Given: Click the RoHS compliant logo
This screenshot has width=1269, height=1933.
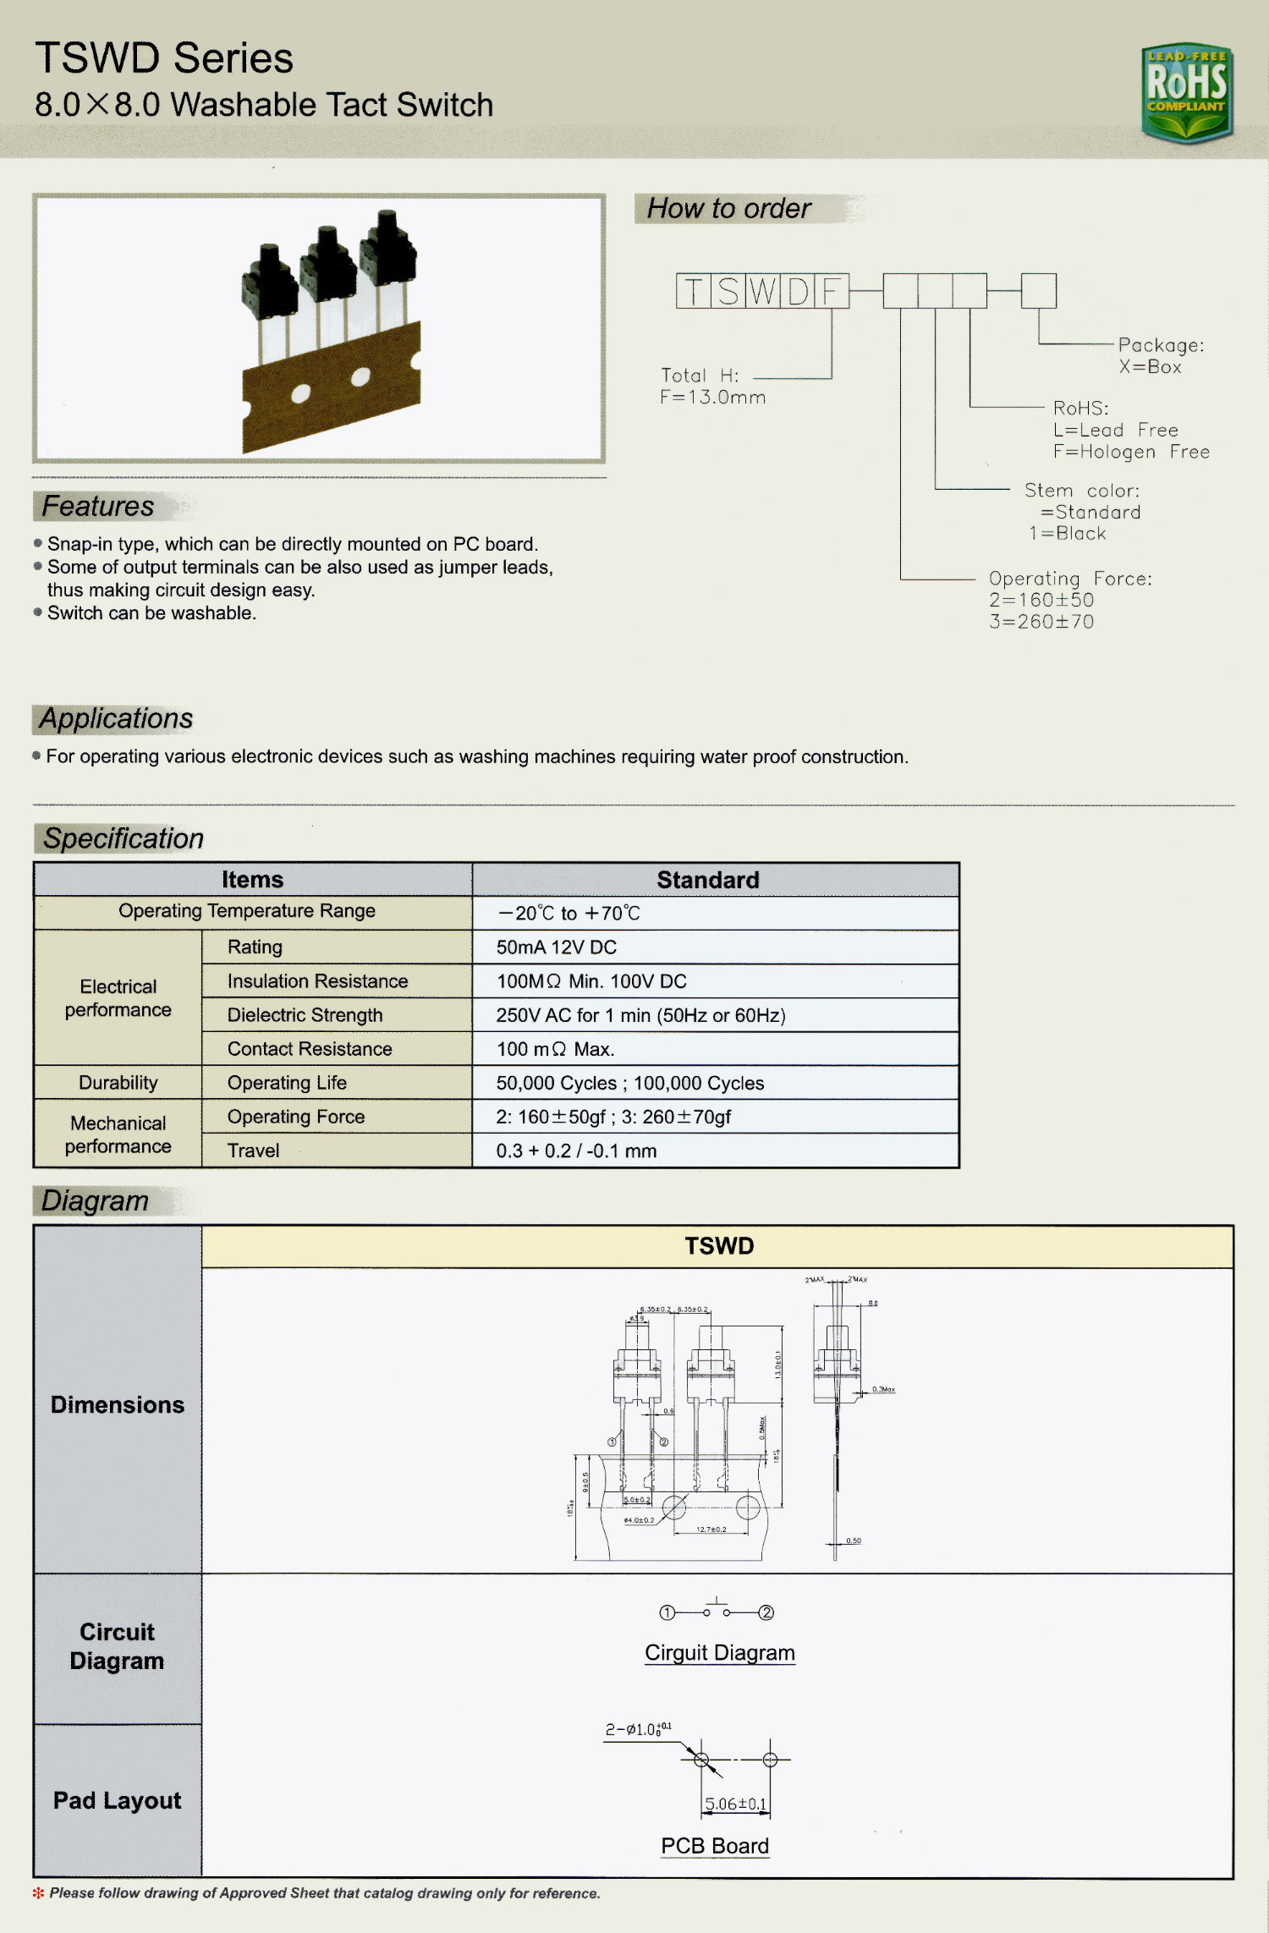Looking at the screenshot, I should (x=1186, y=91).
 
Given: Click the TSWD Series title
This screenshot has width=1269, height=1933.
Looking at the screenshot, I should (x=164, y=58).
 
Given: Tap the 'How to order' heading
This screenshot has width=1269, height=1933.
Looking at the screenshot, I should (x=728, y=208).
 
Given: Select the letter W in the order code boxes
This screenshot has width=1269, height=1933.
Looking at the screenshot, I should (x=762, y=291).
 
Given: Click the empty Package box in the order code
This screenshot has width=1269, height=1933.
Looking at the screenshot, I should (x=1038, y=291).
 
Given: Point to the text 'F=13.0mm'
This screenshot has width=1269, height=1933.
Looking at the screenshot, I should (x=712, y=398).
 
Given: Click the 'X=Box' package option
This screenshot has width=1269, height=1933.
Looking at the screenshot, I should (x=1150, y=367).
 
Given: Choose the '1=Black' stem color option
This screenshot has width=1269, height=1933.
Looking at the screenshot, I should (x=1068, y=534).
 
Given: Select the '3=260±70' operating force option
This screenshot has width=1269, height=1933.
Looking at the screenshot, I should (x=1041, y=622).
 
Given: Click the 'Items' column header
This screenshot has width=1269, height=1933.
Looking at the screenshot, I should (x=252, y=880).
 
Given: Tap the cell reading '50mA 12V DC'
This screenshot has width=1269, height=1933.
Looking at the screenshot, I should (x=556, y=947).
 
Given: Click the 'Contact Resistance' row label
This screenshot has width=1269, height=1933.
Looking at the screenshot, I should (x=310, y=1049).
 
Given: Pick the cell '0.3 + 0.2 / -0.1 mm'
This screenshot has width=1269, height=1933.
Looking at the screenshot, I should (x=576, y=1150).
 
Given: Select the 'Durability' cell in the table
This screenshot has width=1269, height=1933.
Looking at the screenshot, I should (x=118, y=1083).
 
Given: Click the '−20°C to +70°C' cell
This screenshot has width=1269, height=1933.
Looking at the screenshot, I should (x=569, y=914).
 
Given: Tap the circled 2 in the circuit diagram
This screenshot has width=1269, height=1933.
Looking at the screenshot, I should (x=766, y=1612).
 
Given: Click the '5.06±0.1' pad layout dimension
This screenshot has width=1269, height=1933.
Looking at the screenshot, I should (x=735, y=1804).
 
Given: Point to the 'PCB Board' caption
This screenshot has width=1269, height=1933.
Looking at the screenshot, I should (x=715, y=1846).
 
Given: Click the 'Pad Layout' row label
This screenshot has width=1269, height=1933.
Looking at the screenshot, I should (x=118, y=1800).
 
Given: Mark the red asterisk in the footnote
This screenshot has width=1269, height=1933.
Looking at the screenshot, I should (x=38, y=1893).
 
